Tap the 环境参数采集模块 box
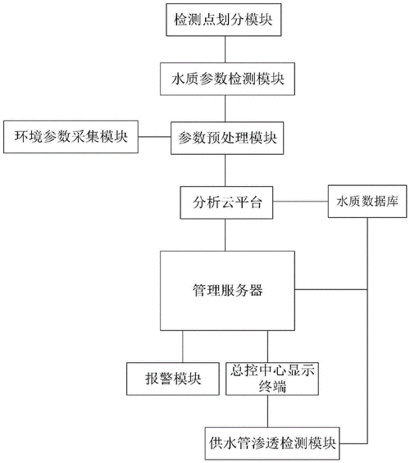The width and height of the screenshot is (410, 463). [71, 136]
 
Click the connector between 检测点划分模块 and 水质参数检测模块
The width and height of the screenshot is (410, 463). [225, 48]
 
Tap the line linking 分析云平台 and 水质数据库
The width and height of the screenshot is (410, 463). [299, 201]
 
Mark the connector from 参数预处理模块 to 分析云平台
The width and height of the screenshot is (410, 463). [225, 169]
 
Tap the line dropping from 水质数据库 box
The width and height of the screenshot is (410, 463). [367, 328]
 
